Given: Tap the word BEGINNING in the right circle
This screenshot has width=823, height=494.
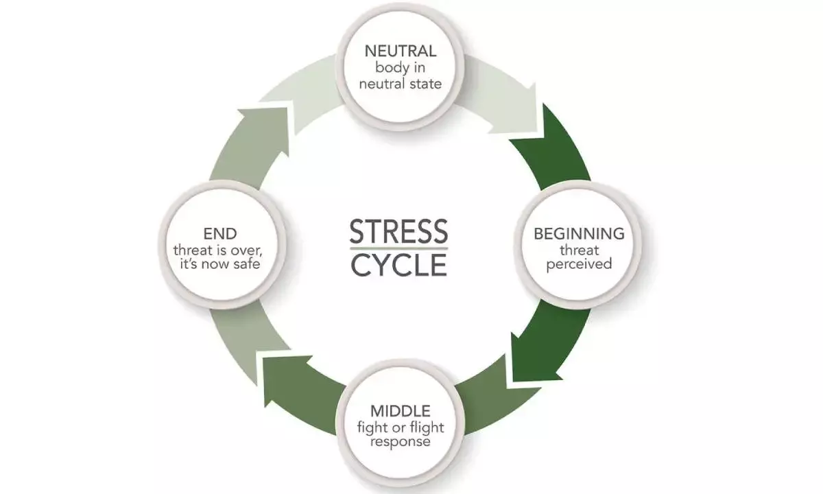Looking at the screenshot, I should click(579, 233).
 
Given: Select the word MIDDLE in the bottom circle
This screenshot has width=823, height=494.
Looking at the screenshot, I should click(401, 412).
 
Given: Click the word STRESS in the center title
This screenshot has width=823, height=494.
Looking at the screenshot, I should click(399, 232).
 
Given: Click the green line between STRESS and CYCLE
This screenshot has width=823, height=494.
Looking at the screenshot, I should click(399, 248).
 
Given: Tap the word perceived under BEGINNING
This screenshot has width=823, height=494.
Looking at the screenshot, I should click(579, 263).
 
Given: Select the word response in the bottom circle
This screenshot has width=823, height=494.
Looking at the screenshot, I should click(401, 442).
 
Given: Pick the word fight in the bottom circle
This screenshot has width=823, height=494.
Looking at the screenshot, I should click(372, 427).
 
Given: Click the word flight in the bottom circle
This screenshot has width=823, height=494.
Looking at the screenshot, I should click(426, 427).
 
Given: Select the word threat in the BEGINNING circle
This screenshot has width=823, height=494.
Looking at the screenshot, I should click(579, 249).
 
